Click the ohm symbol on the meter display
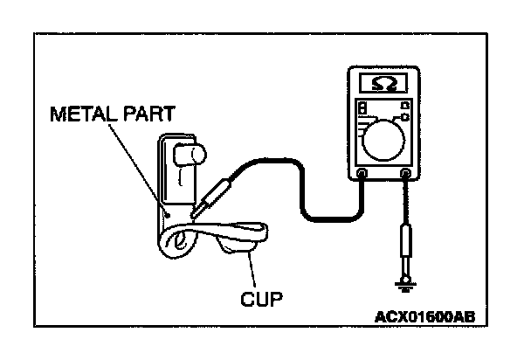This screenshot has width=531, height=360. [382, 84]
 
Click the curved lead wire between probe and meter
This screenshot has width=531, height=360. [297, 175]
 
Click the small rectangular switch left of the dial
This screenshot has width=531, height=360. [362, 109]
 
